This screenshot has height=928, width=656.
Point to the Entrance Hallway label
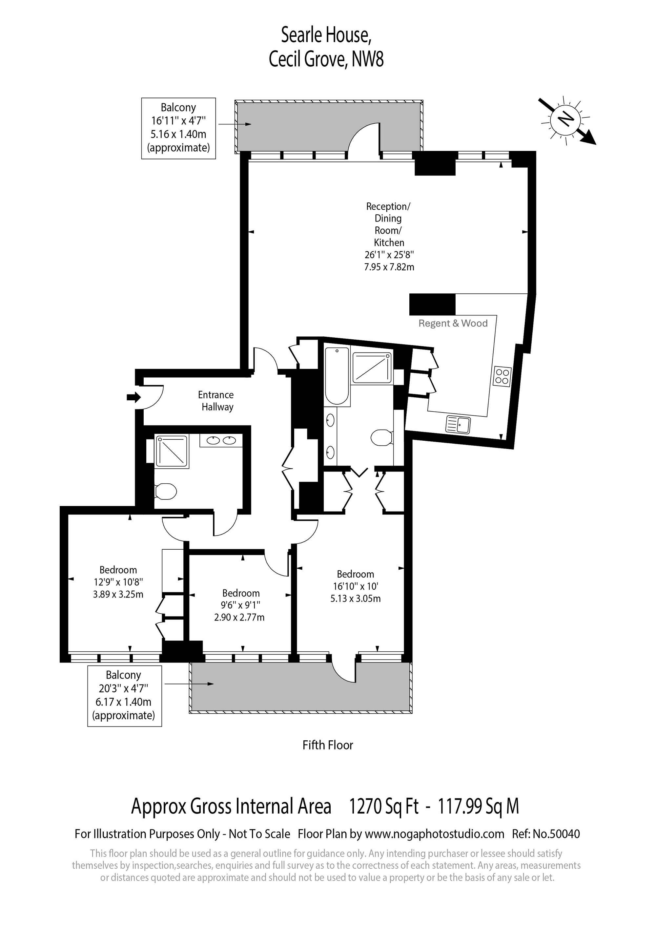pyautogui.click(x=216, y=401)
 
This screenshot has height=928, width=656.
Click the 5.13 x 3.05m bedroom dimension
pyautogui.click(x=356, y=599)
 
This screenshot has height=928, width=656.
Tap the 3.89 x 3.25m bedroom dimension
pyautogui.click(x=118, y=594)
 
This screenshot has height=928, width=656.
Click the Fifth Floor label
pyautogui.click(x=328, y=745)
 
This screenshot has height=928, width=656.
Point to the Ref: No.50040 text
pyautogui.click(x=546, y=834)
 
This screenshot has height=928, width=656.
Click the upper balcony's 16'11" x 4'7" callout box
pyautogui.click(x=178, y=128)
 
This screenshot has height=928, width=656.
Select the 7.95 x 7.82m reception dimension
pyautogui.click(x=389, y=267)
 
